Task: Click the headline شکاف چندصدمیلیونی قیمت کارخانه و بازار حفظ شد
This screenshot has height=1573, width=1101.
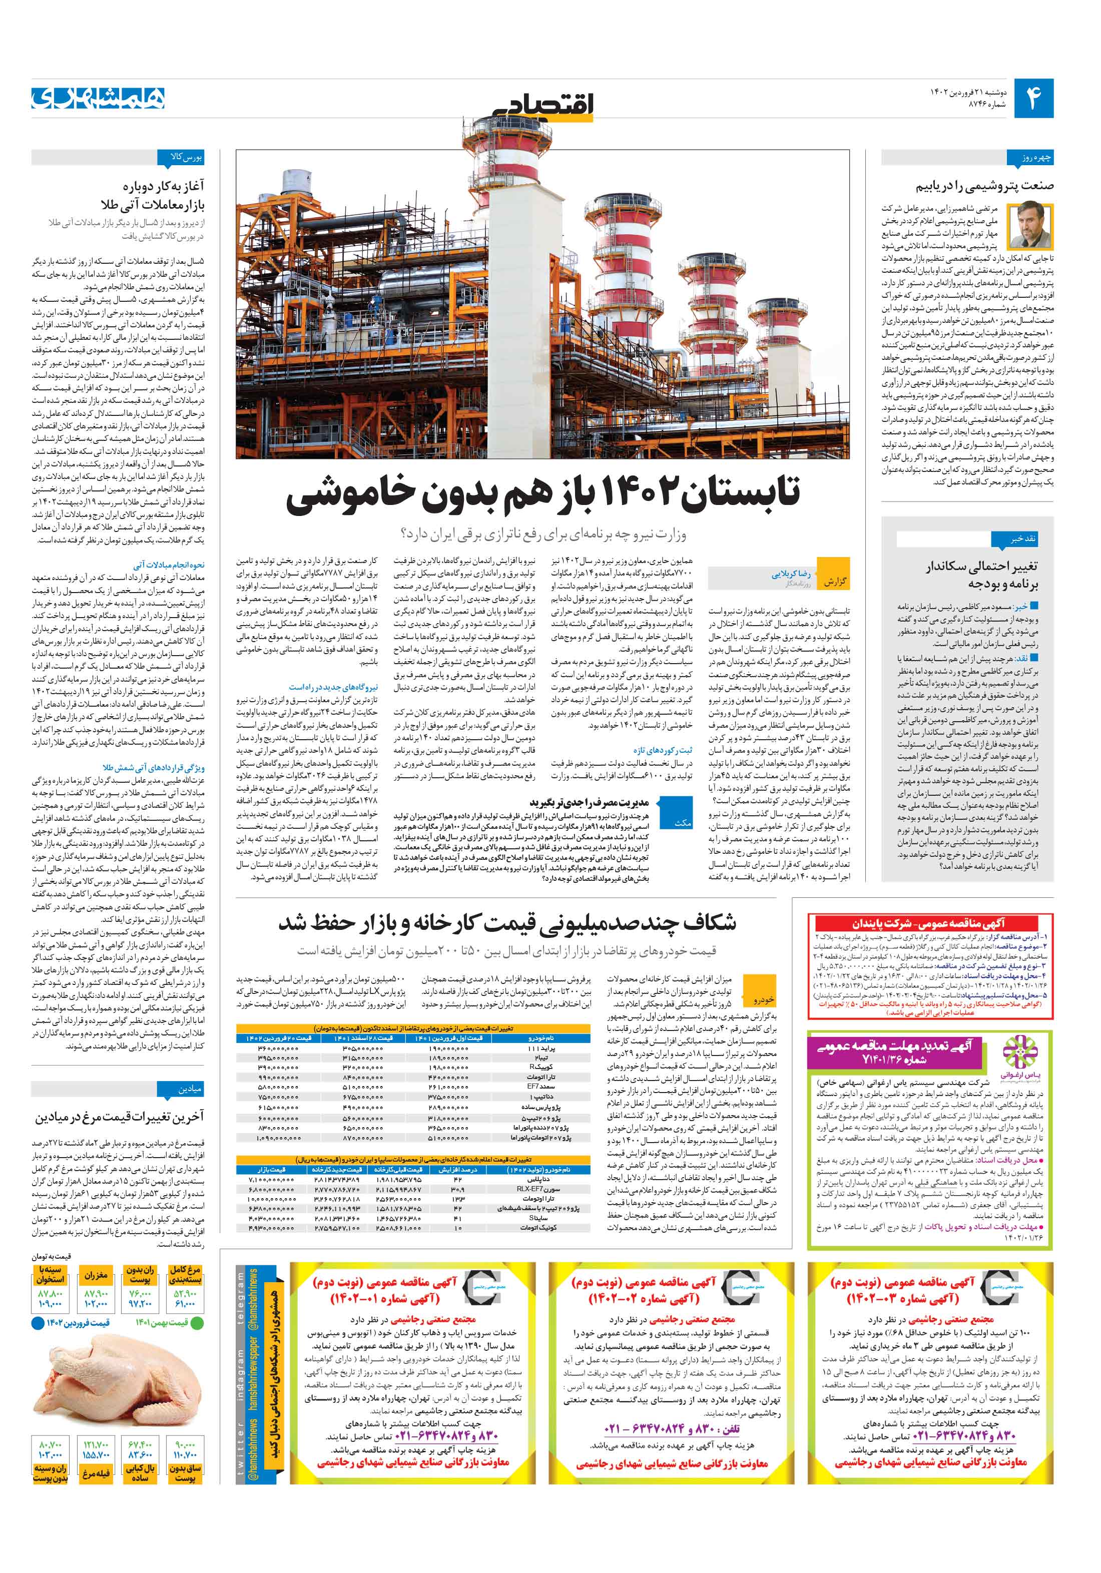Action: tap(507, 923)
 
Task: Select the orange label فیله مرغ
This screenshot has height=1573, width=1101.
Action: tap(96, 1473)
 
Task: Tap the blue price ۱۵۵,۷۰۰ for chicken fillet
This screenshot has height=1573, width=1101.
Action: tap(96, 1454)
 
